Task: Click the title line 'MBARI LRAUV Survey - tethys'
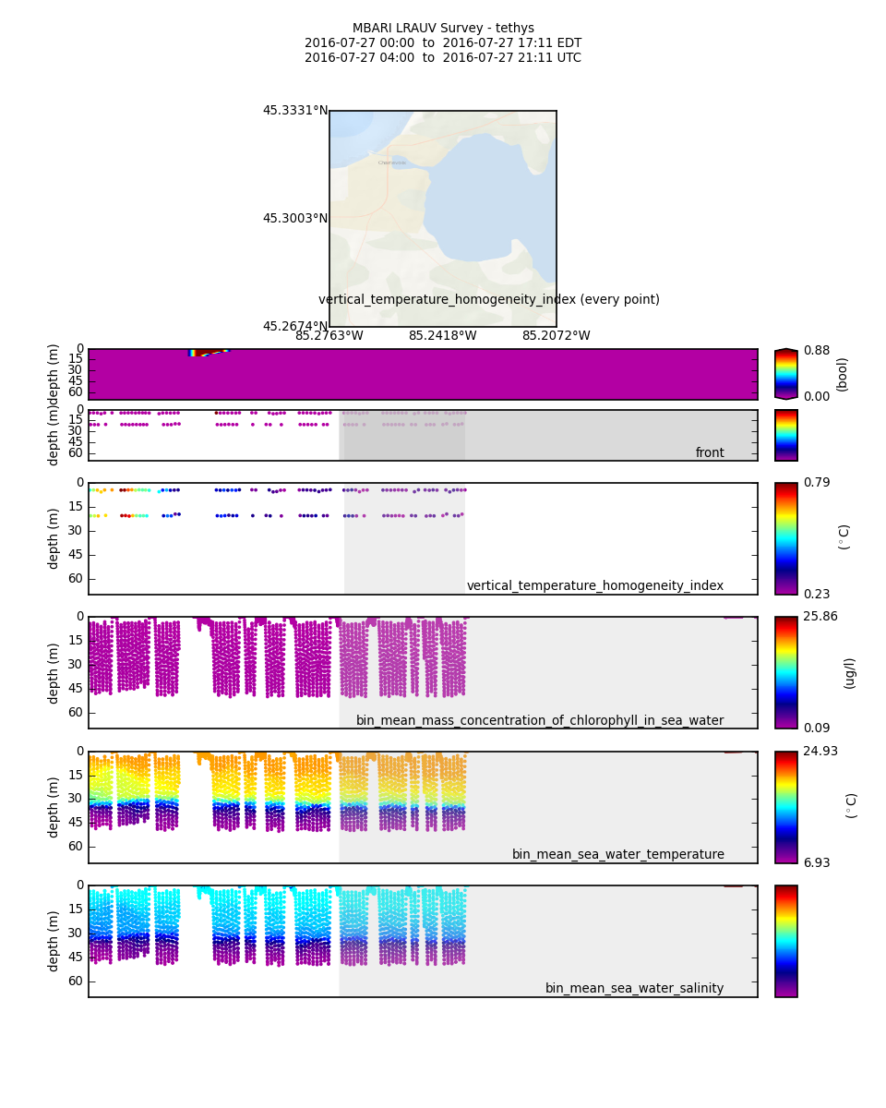point(443,29)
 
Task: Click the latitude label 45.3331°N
point(294,111)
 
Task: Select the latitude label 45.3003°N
point(294,219)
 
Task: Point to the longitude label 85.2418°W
point(442,336)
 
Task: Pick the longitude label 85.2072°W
point(556,336)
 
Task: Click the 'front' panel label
point(710,453)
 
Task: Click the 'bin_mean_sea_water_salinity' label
point(634,989)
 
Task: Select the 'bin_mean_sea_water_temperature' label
point(617,855)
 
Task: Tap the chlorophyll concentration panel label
point(540,721)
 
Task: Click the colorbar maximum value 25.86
point(820,617)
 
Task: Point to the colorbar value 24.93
point(820,752)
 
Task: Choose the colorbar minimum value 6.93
point(816,863)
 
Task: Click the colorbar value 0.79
point(816,483)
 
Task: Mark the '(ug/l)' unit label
point(849,673)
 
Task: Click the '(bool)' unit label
point(842,374)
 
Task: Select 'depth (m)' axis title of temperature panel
point(54,807)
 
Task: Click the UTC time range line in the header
point(443,58)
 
